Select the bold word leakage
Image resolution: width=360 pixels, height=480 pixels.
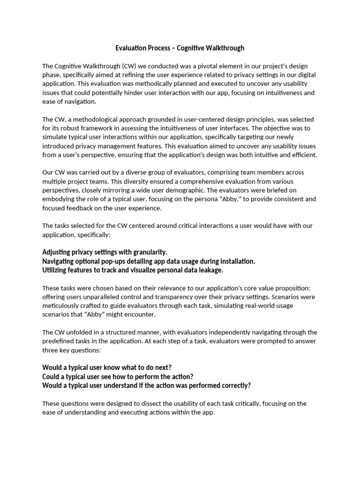pyautogui.click(x=209, y=270)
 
